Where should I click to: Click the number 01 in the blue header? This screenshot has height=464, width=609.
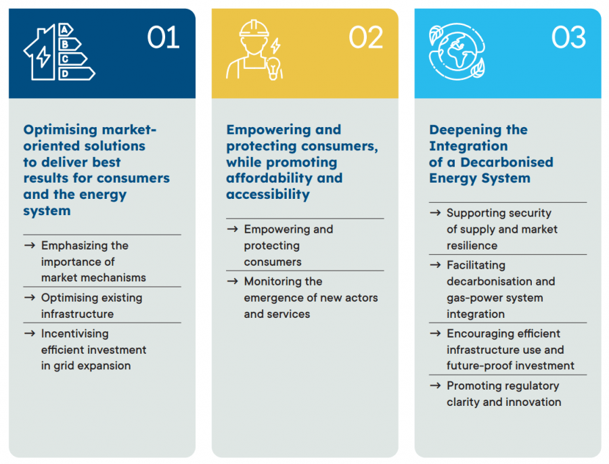pyautogui.click(x=163, y=37)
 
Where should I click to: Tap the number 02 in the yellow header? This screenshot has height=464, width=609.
pyautogui.click(x=366, y=37)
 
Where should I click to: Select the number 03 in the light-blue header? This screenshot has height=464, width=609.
pyautogui.click(x=568, y=37)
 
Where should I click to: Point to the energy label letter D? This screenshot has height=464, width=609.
pyautogui.click(x=66, y=73)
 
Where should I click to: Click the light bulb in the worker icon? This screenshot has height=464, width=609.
pyautogui.click(x=274, y=68)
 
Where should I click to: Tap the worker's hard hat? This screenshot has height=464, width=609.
pyautogui.click(x=254, y=28)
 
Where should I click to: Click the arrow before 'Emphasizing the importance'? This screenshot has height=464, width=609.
pyautogui.click(x=29, y=246)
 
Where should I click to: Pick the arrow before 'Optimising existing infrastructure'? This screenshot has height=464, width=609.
pyautogui.click(x=29, y=298)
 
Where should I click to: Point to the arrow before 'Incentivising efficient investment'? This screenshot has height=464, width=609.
pyautogui.click(x=29, y=333)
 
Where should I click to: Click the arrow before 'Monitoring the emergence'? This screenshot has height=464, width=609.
pyautogui.click(x=232, y=281)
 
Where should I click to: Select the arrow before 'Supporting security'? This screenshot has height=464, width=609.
pyautogui.click(x=435, y=213)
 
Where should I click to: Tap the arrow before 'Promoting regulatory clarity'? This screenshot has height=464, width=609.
pyautogui.click(x=435, y=386)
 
